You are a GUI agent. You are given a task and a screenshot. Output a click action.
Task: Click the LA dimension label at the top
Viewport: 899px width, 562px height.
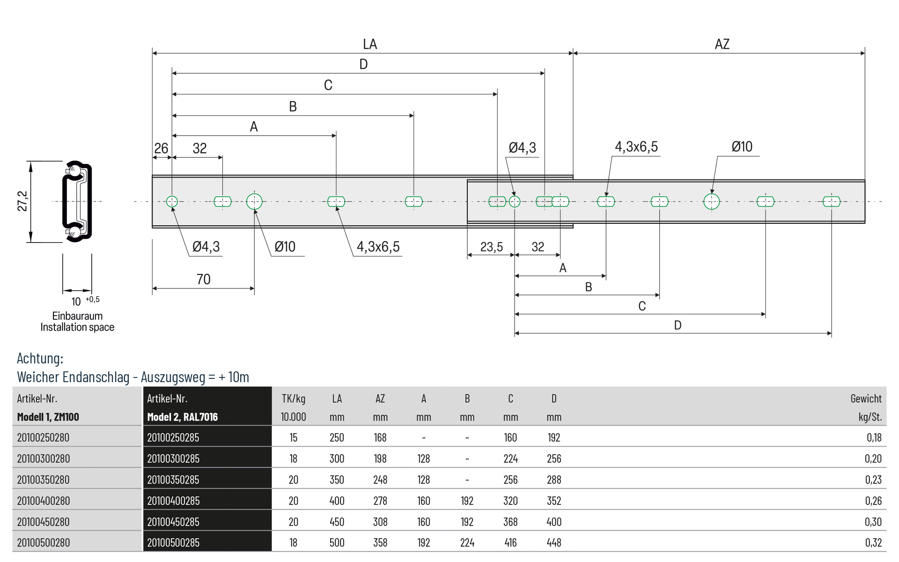click(370, 44)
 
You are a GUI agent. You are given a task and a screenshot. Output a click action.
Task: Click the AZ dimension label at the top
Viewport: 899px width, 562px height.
click(722, 44)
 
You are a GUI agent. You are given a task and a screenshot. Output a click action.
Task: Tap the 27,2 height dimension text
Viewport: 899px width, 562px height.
click(22, 201)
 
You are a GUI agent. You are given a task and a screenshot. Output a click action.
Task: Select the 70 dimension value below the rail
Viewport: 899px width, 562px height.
click(204, 279)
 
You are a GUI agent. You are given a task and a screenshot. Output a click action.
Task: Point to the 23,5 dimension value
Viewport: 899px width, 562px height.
click(492, 247)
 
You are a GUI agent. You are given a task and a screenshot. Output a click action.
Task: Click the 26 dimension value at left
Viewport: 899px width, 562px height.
click(161, 148)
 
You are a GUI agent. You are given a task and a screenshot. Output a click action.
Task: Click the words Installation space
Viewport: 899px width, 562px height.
click(77, 327)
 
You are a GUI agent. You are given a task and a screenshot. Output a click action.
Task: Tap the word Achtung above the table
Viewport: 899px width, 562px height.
click(40, 358)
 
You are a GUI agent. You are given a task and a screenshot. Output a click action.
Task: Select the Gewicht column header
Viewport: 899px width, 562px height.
click(866, 399)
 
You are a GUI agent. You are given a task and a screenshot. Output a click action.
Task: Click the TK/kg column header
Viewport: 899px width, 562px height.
click(294, 399)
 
